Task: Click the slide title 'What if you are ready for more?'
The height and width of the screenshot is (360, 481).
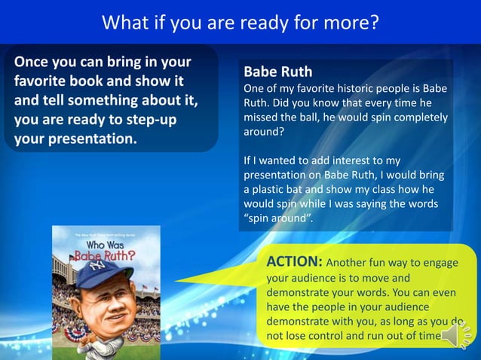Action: (x=240, y=23)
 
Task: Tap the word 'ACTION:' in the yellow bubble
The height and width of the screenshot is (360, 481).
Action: (x=295, y=262)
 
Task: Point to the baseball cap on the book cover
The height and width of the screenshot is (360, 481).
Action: (x=103, y=276)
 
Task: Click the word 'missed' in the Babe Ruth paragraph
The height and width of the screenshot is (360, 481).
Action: (x=261, y=117)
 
